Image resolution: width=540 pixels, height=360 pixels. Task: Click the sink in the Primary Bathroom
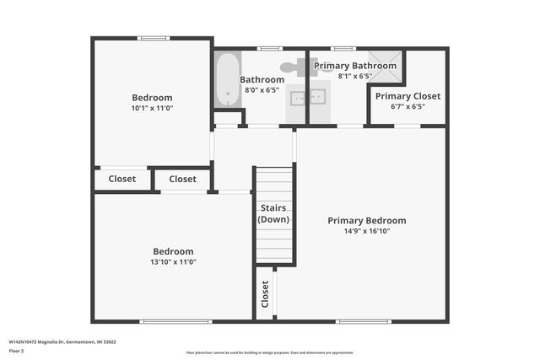click(319, 97)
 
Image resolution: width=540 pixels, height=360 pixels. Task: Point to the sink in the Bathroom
click(297, 97)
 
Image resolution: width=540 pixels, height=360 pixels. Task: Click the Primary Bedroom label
click(366, 221)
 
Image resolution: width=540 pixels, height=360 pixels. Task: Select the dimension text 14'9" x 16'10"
click(366, 231)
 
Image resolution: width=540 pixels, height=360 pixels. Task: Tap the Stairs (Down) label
click(273, 213)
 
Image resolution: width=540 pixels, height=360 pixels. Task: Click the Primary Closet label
click(408, 96)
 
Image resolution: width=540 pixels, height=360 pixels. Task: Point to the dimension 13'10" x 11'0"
click(173, 261)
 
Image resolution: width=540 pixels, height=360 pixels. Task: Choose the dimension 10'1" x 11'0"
click(152, 108)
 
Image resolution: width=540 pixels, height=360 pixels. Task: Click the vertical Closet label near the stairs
click(265, 293)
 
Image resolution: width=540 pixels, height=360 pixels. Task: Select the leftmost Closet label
click(122, 179)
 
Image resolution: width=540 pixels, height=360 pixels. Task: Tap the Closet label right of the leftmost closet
click(182, 179)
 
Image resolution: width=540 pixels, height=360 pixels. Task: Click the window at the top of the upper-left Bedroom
click(153, 37)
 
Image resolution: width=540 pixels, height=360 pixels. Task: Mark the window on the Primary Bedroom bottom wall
click(351, 321)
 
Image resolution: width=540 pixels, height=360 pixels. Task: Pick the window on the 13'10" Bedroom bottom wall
click(164, 321)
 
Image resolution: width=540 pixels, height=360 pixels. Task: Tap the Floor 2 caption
click(16, 350)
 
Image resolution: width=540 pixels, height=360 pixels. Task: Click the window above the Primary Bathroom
click(343, 48)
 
